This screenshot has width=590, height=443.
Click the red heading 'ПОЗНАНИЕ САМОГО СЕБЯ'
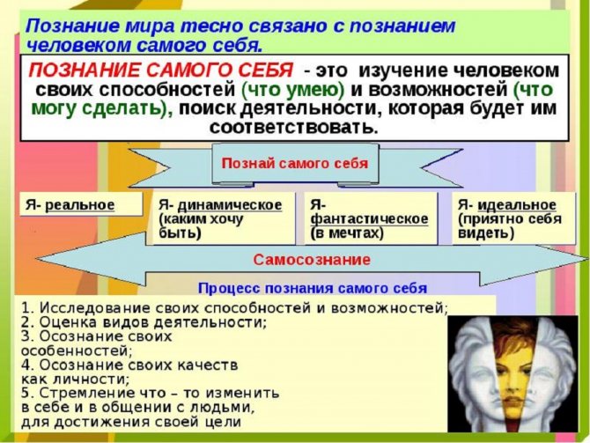click(160, 70)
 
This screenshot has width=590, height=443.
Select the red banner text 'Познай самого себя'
click(295, 163)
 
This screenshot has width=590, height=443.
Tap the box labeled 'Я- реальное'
click(81, 204)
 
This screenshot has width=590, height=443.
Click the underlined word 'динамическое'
click(230, 205)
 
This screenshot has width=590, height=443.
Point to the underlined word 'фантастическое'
click(369, 218)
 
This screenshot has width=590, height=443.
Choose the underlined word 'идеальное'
click(517, 205)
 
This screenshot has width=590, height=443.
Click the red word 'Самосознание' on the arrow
click(312, 260)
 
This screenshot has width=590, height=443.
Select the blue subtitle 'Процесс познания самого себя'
click(313, 288)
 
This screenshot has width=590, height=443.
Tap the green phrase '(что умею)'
click(292, 90)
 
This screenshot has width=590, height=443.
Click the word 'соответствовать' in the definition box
click(294, 127)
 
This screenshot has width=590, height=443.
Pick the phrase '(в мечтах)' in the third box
click(347, 233)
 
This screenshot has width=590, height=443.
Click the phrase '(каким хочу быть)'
click(201, 225)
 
